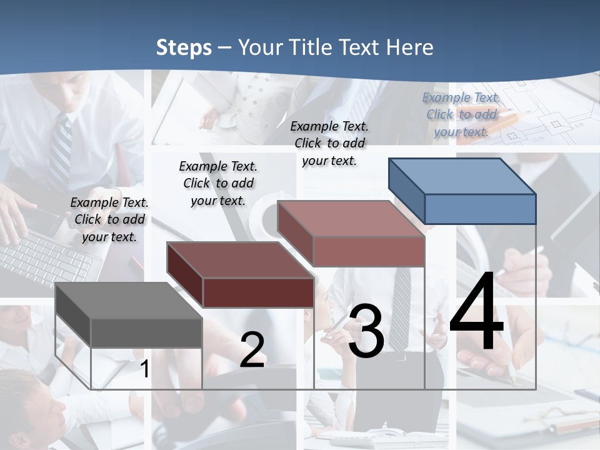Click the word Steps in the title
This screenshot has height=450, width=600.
184,47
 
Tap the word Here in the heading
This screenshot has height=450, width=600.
409,47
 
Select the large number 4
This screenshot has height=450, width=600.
476,312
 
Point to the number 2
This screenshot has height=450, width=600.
252,350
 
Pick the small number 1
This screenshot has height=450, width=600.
144,369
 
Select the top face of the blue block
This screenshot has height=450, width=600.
462,176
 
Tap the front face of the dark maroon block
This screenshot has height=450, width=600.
257,292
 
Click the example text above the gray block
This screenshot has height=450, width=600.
109,219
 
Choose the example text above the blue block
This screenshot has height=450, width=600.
461,114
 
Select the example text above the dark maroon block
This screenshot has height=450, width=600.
218,183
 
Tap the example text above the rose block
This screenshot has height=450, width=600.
329,143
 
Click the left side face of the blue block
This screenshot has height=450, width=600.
406,191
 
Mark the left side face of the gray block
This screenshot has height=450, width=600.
73,316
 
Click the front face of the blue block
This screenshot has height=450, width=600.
480,209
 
